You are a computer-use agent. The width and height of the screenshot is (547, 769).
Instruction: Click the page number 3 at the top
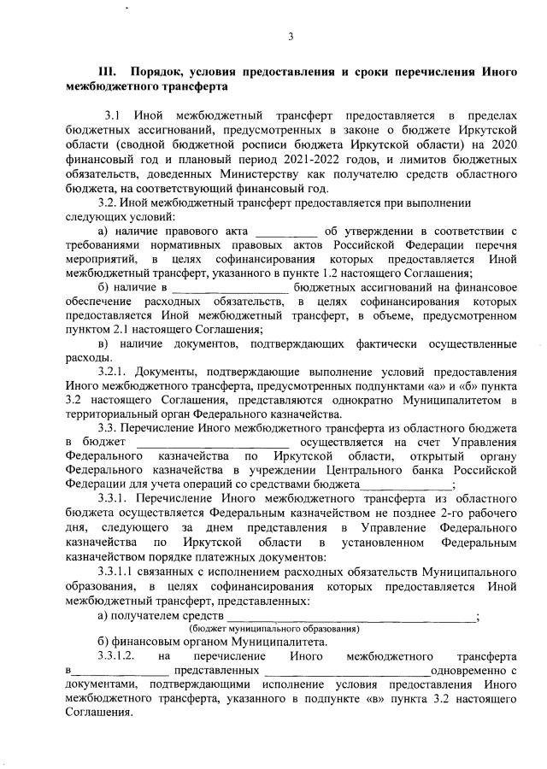pyautogui.click(x=291, y=36)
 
